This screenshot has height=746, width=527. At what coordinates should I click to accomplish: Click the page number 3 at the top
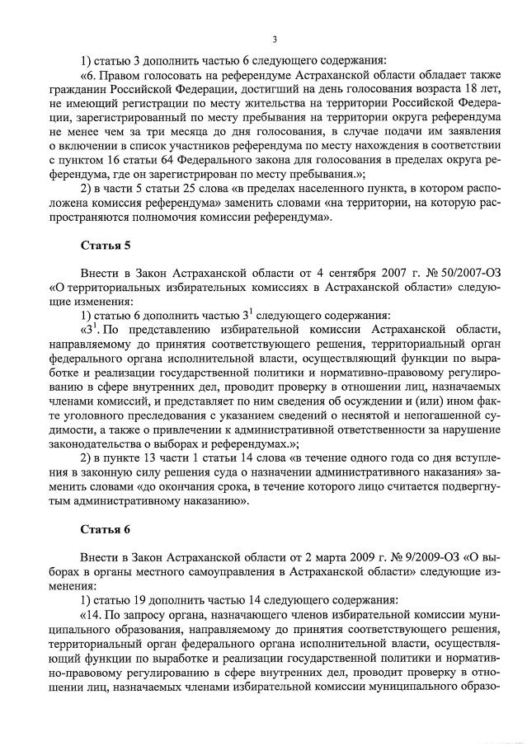(275, 39)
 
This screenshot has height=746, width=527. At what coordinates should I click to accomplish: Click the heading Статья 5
(105, 246)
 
